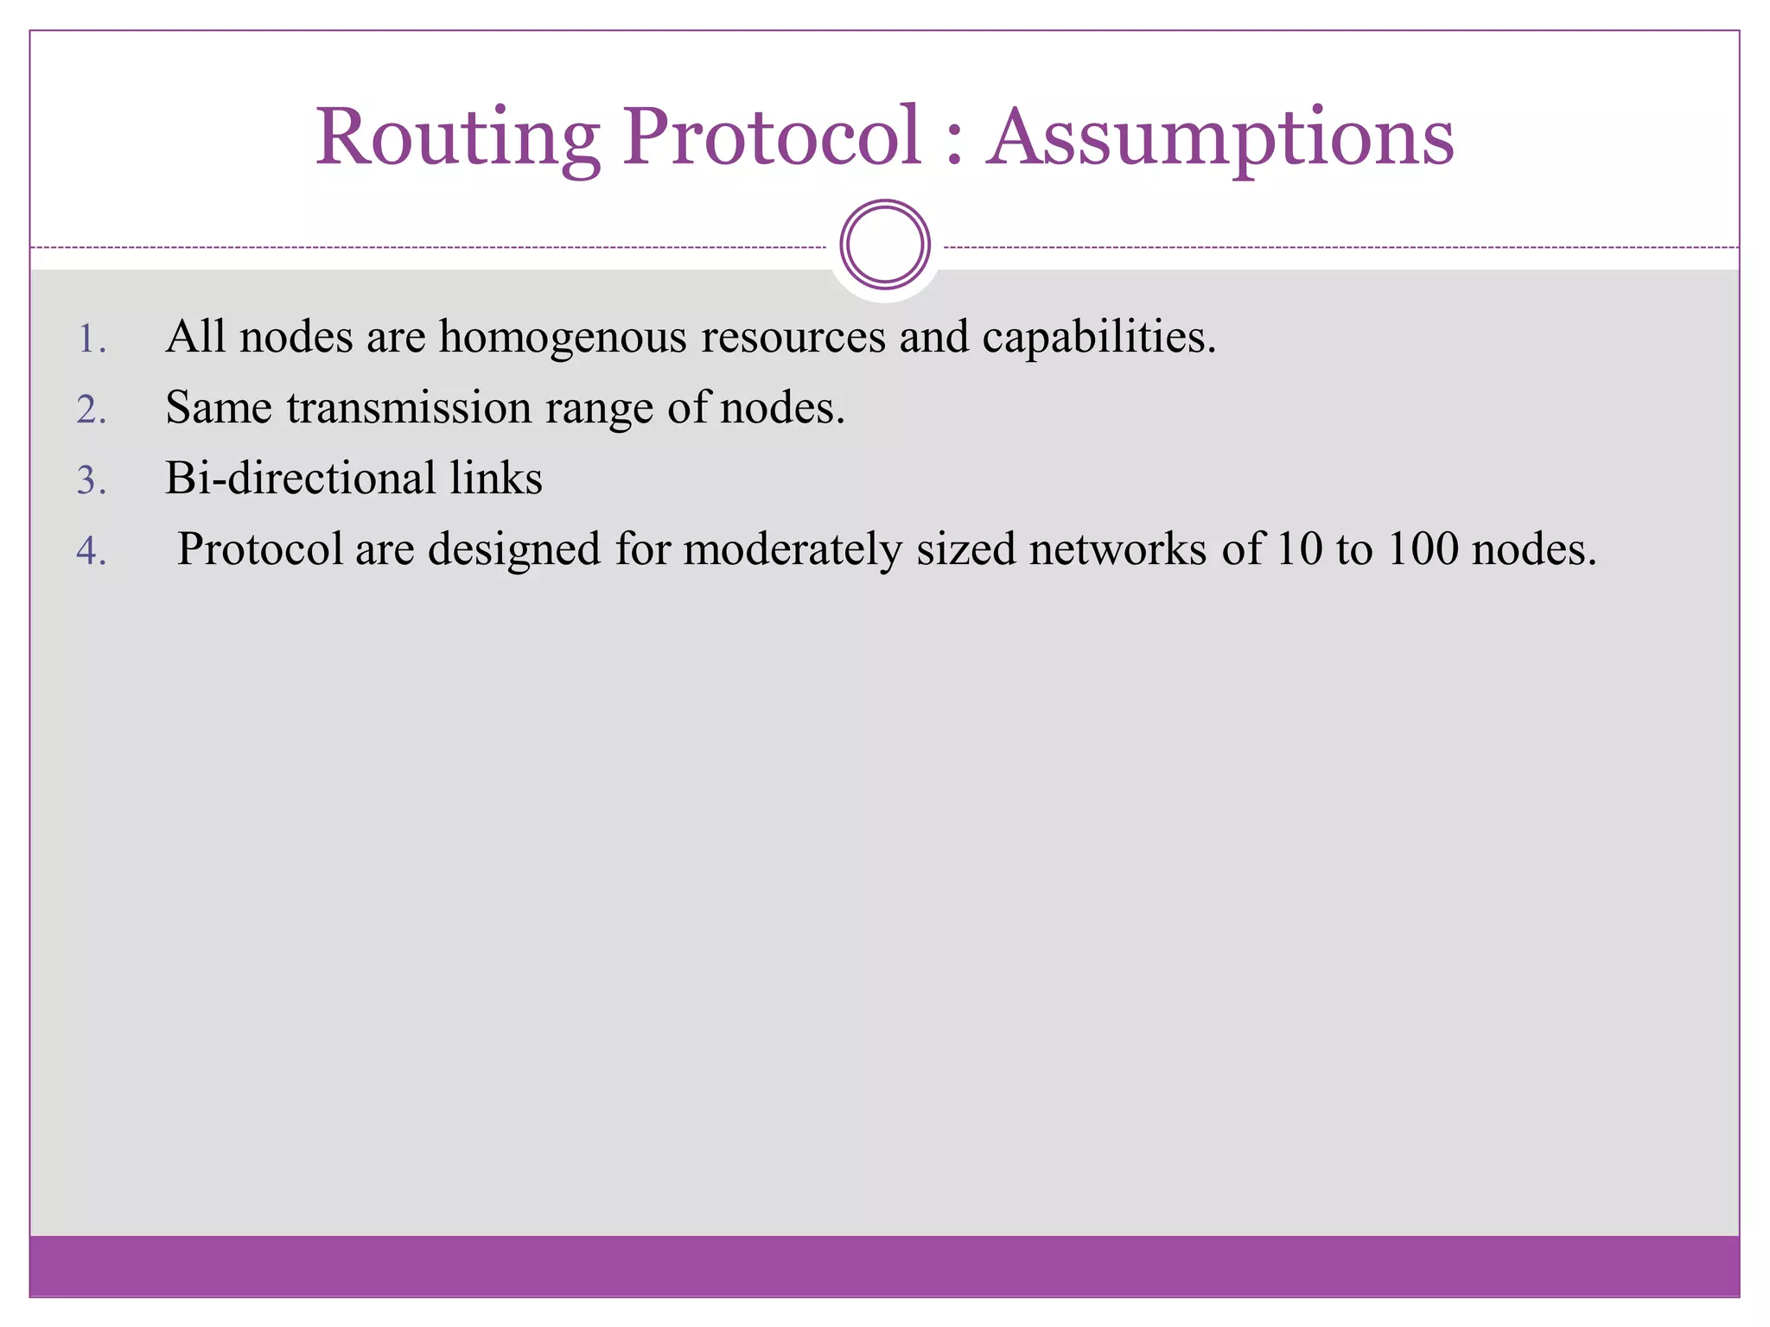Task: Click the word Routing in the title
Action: (x=457, y=138)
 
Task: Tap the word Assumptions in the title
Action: (x=1220, y=138)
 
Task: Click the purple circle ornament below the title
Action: (x=884, y=244)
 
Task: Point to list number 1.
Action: (x=92, y=339)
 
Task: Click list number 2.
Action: (x=92, y=410)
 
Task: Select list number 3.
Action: (x=92, y=480)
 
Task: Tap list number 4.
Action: (x=92, y=551)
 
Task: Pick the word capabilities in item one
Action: (x=1098, y=337)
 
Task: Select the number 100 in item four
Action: (x=1423, y=549)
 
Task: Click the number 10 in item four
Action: (x=1298, y=549)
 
